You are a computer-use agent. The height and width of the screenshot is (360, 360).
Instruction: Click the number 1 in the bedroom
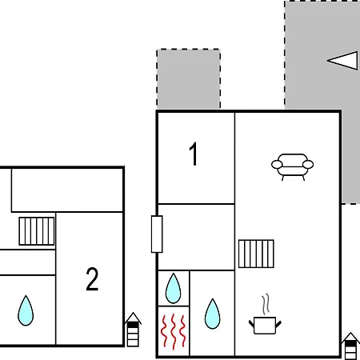pyautogui.click(x=194, y=154)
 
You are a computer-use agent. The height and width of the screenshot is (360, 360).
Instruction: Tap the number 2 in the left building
pyautogui.click(x=92, y=279)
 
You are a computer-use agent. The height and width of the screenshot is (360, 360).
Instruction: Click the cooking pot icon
pyautogui.click(x=265, y=326)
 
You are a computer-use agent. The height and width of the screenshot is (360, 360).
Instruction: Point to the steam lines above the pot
pyautogui.click(x=266, y=304)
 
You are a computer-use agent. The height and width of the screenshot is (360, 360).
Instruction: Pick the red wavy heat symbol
pyautogui.click(x=174, y=331)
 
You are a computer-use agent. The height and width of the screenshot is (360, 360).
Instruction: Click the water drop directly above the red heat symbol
pyautogui.click(x=173, y=288)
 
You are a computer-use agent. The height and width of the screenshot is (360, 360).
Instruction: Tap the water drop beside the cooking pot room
pyautogui.click(x=213, y=314)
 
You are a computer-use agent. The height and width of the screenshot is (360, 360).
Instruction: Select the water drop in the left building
pyautogui.click(x=26, y=310)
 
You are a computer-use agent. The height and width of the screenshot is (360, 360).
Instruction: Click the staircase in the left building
pyautogui.click(x=37, y=231)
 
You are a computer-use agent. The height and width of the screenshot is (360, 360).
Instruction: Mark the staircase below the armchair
pyautogui.click(x=256, y=254)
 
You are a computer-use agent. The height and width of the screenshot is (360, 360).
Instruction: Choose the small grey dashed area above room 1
pyautogui.click(x=188, y=79)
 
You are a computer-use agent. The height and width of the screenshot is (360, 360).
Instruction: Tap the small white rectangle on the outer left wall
pyautogui.click(x=157, y=234)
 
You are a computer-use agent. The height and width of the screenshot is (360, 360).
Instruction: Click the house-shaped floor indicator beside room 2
pyautogui.click(x=133, y=330)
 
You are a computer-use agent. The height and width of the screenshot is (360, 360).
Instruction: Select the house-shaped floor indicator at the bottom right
pyautogui.click(x=350, y=346)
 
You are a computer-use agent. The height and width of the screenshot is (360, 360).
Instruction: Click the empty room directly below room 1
pyautogui.click(x=196, y=237)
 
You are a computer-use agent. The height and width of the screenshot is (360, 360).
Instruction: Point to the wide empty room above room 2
pyautogui.click(x=67, y=190)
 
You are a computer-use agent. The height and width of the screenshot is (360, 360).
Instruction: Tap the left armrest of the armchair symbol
pyautogui.click(x=277, y=165)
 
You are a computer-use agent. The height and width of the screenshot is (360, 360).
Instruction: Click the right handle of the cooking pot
pyautogui.click(x=278, y=324)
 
